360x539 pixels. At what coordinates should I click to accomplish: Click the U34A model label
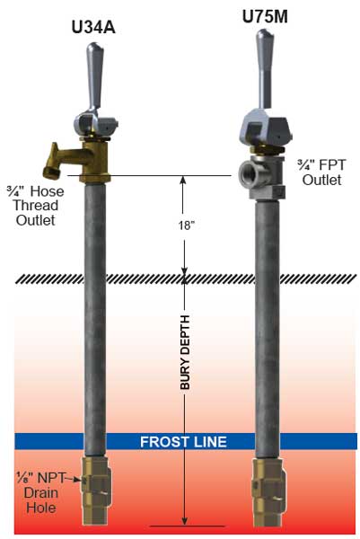(93, 28)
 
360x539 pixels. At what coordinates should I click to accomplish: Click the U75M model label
(265, 16)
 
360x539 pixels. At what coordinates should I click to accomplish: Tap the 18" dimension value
(185, 225)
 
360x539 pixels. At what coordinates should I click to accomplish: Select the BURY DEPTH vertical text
(185, 352)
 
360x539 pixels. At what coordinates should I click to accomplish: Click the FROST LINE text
(183, 442)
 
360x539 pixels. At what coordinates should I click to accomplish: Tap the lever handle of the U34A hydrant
(93, 77)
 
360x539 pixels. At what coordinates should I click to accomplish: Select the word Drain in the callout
(41, 493)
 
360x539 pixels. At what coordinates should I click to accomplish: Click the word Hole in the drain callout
(41, 508)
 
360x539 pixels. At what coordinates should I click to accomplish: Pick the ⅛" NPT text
(40, 478)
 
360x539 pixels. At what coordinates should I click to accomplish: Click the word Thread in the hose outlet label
(35, 206)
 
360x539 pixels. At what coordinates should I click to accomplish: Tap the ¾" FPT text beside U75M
(321, 165)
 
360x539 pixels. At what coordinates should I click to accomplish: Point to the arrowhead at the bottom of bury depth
(184, 520)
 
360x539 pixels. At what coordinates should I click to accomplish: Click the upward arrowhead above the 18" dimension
(183, 181)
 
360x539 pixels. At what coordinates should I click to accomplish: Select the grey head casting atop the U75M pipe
(266, 129)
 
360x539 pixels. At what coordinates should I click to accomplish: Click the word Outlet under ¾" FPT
(322, 181)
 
